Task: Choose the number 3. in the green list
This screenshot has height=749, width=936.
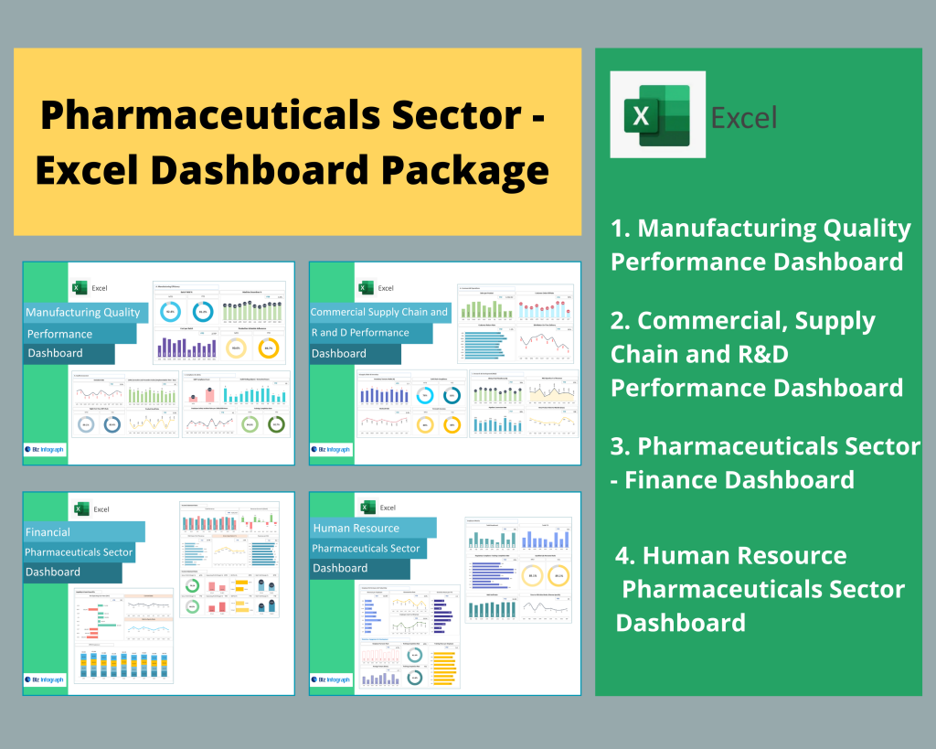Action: click(622, 446)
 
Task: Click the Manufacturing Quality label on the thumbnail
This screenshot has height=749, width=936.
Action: click(83, 313)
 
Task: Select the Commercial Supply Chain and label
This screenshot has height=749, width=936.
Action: click(379, 313)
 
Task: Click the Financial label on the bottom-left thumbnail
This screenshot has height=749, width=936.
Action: click(48, 531)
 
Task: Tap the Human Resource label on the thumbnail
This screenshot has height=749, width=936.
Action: click(356, 528)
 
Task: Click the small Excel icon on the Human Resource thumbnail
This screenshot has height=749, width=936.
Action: click(367, 508)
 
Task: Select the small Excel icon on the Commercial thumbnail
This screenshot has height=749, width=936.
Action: click(365, 288)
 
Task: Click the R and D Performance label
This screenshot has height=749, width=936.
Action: click(360, 333)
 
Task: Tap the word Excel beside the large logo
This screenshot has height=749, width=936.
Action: click(744, 118)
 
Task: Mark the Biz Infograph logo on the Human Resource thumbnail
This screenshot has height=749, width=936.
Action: click(332, 680)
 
